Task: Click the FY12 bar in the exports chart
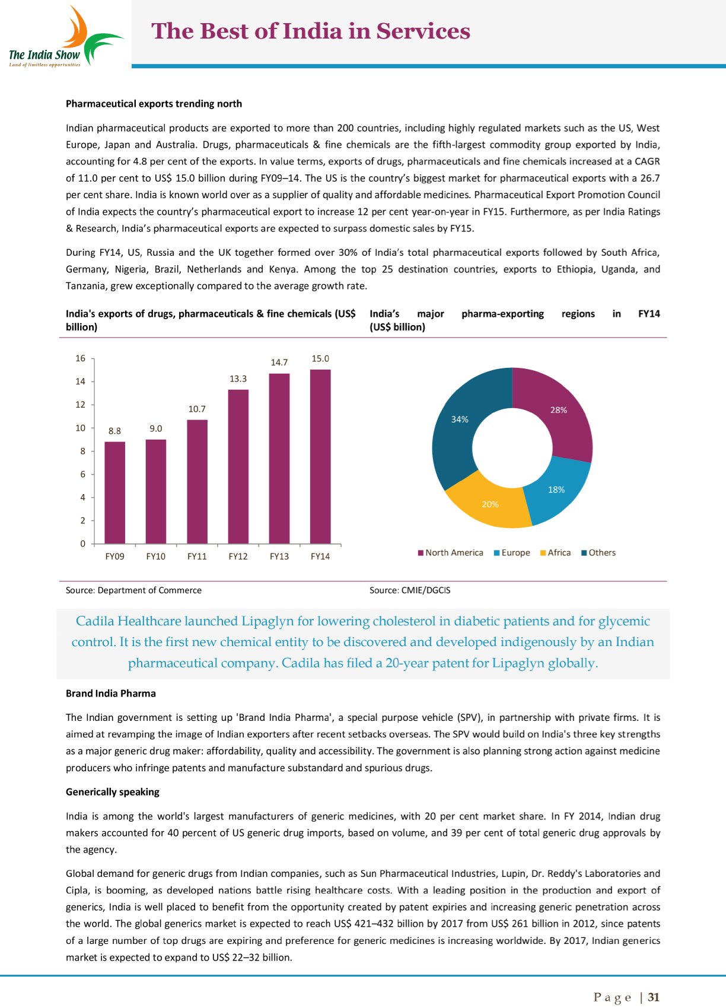pyautogui.click(x=238, y=466)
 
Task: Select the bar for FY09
pyautogui.click(x=114, y=492)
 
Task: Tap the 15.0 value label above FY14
pyautogui.click(x=320, y=359)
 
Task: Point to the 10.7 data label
pyautogui.click(x=197, y=409)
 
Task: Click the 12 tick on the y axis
pyautogui.click(x=81, y=405)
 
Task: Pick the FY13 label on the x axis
pyautogui.click(x=279, y=557)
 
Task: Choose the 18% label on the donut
pyautogui.click(x=556, y=490)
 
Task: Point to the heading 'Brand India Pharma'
pyautogui.click(x=111, y=694)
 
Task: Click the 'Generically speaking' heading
pyautogui.click(x=113, y=792)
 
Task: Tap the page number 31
pyautogui.click(x=654, y=997)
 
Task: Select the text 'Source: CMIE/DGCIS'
pyautogui.click(x=410, y=590)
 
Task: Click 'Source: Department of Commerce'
pyautogui.click(x=133, y=590)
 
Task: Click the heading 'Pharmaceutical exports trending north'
pyautogui.click(x=154, y=104)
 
